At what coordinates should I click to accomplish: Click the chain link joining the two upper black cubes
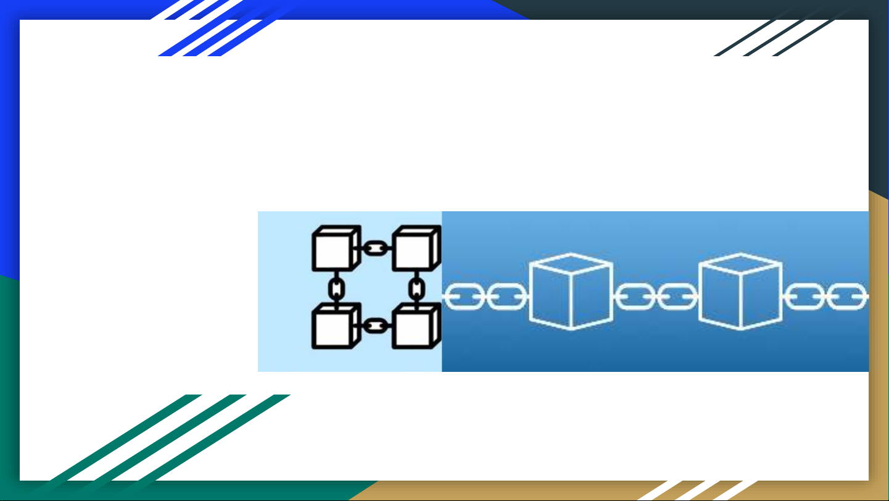pyautogui.click(x=375, y=248)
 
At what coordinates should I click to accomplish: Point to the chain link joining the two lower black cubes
pyautogui.click(x=375, y=325)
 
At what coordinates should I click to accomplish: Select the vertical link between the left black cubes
pyautogui.click(x=336, y=287)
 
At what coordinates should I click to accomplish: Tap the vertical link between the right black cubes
pyautogui.click(x=418, y=287)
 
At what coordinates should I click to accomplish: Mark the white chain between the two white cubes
pyautogui.click(x=656, y=298)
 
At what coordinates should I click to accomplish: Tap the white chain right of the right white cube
pyautogui.click(x=827, y=298)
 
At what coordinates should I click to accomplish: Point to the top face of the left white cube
pyautogui.click(x=571, y=264)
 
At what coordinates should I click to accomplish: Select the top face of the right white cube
pyautogui.click(x=740, y=264)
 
